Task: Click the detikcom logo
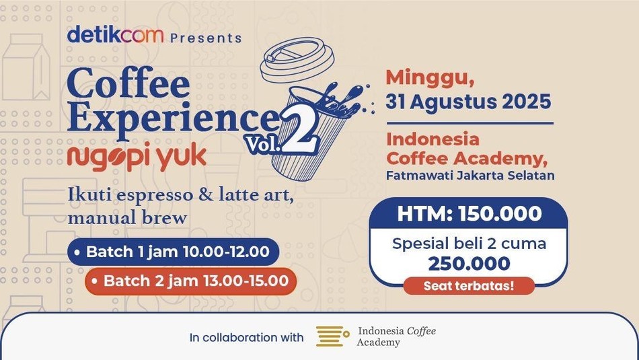(115, 34)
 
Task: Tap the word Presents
(206, 38)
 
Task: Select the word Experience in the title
(173, 116)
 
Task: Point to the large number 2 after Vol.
(299, 130)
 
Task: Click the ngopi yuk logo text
(137, 157)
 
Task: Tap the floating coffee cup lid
(297, 60)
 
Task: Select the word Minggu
(430, 79)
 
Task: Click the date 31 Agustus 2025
(468, 102)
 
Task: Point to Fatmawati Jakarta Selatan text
(470, 176)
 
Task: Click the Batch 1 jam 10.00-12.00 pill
(173, 252)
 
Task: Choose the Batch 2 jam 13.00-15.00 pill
(191, 281)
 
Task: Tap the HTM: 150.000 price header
(469, 213)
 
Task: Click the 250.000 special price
(469, 263)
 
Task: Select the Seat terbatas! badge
(469, 285)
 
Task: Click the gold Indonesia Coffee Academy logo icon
(332, 336)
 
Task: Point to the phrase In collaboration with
(247, 338)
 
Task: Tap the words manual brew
(127, 218)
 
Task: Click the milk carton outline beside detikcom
(26, 67)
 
